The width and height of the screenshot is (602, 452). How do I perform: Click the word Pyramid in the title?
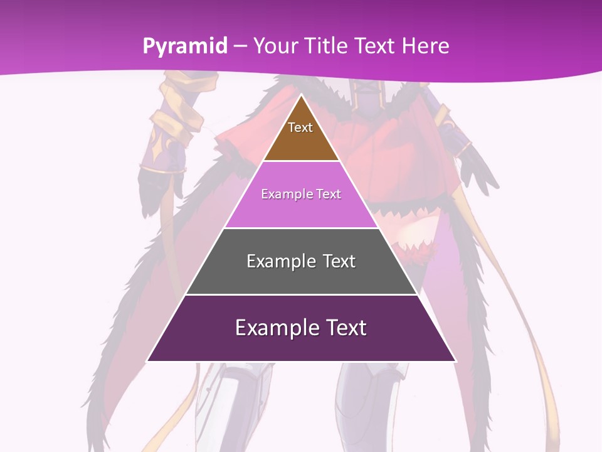point(185,46)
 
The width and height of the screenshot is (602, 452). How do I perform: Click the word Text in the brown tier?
point(300,127)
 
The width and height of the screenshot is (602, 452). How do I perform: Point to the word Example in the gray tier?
point(280,261)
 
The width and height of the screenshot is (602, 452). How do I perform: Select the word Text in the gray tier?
point(339,261)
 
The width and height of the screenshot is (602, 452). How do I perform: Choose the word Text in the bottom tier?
point(346,328)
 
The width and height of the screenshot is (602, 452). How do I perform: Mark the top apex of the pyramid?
point(301,95)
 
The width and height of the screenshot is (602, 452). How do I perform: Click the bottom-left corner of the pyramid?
point(147,361)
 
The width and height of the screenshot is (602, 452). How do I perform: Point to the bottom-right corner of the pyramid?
point(455,361)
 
